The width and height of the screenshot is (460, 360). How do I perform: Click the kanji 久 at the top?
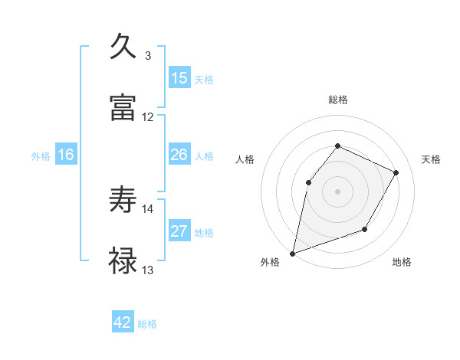coord(124,47)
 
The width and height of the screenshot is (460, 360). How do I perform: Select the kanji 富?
coord(124,107)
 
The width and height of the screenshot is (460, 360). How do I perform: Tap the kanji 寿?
coord(124,200)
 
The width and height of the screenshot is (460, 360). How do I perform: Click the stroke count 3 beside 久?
coord(148,55)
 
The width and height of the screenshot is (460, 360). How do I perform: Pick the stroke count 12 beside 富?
coord(148,116)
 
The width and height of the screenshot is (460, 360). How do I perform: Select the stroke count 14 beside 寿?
coord(148,208)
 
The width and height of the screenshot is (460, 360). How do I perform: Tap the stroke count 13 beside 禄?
coord(148,270)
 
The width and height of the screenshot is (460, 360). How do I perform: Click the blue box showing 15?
coord(179,78)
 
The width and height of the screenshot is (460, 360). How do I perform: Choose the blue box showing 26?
coord(179,155)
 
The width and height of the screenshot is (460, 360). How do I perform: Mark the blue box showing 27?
coord(179,231)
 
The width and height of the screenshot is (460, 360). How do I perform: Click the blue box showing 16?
coord(66,155)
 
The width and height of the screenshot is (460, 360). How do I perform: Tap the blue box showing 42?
coord(123,322)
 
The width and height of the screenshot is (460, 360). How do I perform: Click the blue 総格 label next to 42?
coord(147,324)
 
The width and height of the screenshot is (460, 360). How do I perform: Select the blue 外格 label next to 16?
coord(41,155)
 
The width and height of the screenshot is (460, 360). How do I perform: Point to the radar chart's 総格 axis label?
coord(337,100)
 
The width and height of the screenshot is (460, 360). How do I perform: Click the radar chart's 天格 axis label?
coord(431,159)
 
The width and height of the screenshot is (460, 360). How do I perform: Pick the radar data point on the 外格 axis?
coord(293,253)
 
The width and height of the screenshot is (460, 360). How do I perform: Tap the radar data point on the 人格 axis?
coord(308,182)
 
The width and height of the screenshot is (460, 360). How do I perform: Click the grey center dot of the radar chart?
coord(337,191)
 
